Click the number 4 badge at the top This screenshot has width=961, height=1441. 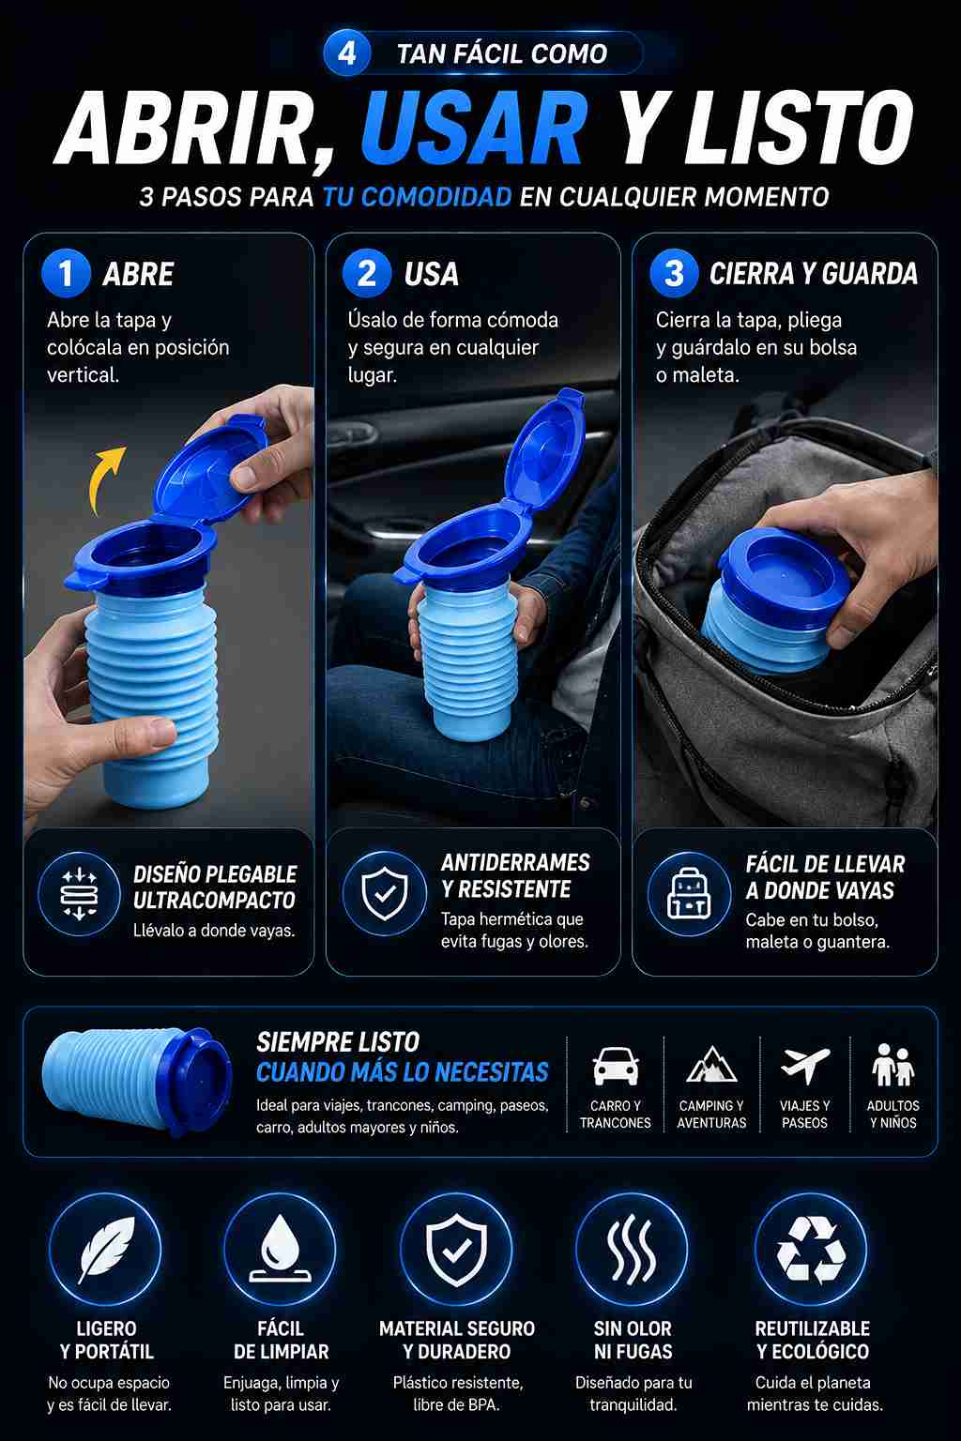pos(347,53)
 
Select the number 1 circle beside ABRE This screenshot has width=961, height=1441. pos(66,273)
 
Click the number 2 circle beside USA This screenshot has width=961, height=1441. pos(367,273)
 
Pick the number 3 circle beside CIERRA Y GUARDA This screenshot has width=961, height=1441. pos(674,273)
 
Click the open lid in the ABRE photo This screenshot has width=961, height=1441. pos(209,469)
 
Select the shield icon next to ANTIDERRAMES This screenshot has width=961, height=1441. pos(384,893)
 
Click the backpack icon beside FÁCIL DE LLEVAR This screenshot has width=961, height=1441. pos(689,893)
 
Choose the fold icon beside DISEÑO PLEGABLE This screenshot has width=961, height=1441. pos(79,893)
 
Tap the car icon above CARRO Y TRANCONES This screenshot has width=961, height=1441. pos(616,1066)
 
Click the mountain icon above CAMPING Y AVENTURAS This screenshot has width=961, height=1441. pos(711,1065)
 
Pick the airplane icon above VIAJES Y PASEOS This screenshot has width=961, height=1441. pos(804,1065)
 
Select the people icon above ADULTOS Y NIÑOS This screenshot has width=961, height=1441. pos(893,1065)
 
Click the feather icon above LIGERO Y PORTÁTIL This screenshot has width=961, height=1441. pos(105,1251)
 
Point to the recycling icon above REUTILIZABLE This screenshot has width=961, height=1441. pos(811,1250)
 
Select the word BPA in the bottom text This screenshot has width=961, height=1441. pos(484,1405)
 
